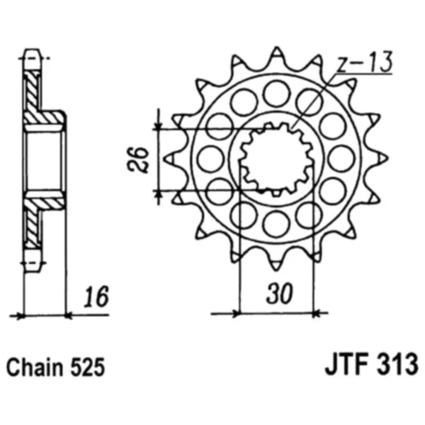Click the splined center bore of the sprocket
[275, 158]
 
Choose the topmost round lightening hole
[277, 92]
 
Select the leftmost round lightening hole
[209, 157]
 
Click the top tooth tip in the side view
[32, 59]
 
